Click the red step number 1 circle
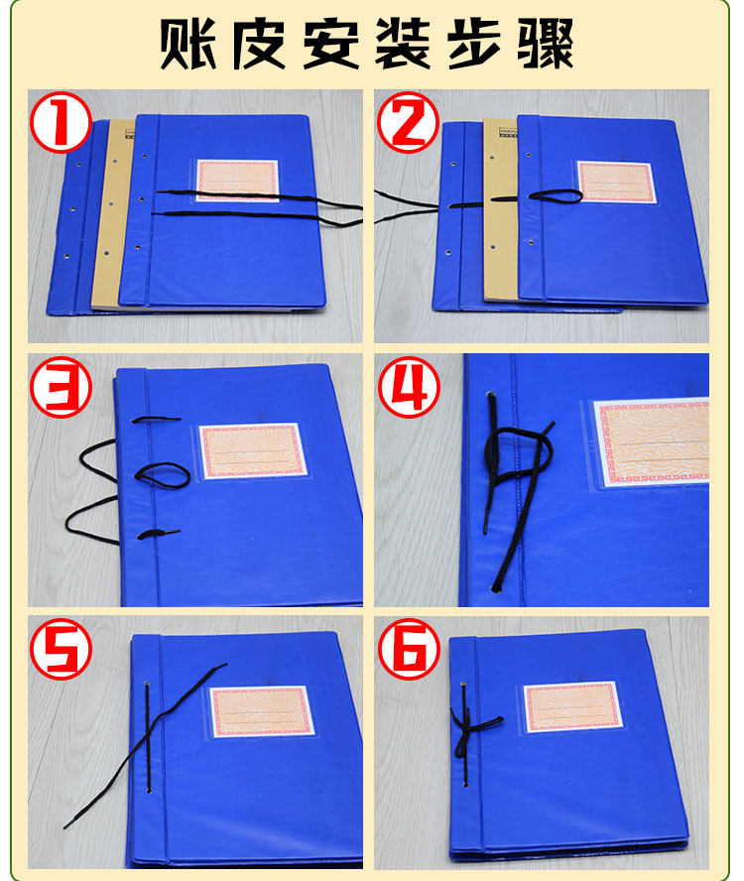point(61,122)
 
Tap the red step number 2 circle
point(408,122)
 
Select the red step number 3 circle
point(61,387)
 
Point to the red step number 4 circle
point(408,387)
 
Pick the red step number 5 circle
point(61,649)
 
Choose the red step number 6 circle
point(408,649)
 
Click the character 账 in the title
point(187,44)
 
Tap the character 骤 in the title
point(546,44)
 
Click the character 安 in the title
point(331,44)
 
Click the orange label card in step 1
point(237,181)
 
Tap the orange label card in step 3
point(253,450)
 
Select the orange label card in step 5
point(262,710)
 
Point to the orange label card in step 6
point(572,706)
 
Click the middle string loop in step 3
point(163,475)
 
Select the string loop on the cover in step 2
point(555,195)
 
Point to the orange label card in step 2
point(616,182)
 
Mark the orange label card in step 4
point(652,442)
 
